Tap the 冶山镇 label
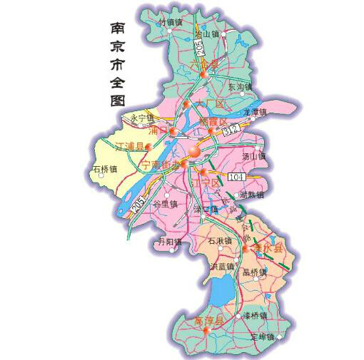pyautogui.click(x=207, y=34)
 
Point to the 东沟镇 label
pyautogui.click(x=241, y=86)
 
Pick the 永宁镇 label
pyautogui.click(x=142, y=118)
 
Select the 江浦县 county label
pyautogui.click(x=128, y=148)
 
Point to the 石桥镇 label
pyautogui.click(x=104, y=170)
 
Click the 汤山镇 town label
pyautogui.click(x=253, y=156)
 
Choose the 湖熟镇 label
pyautogui.click(x=251, y=195)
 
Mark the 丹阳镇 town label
pyautogui.click(x=169, y=242)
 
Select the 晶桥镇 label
pyautogui.click(x=254, y=272)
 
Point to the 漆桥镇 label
pyautogui.click(x=254, y=314)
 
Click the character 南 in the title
pyautogui.click(x=118, y=29)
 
